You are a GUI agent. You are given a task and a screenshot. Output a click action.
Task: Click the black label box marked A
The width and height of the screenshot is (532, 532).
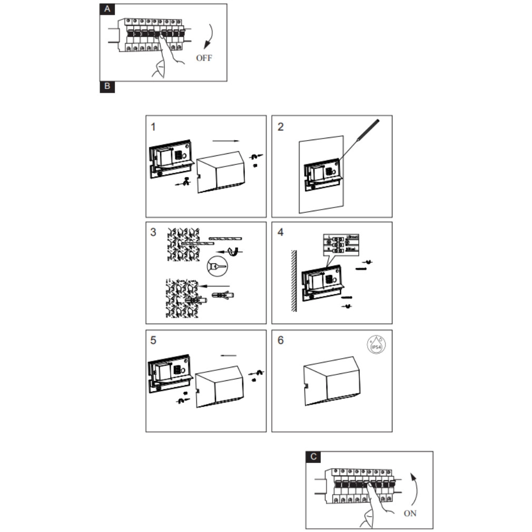point(107,9)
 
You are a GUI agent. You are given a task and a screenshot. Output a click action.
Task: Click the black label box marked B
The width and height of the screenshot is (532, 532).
point(107,86)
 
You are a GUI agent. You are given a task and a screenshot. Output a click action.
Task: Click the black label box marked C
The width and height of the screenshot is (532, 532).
point(314,457)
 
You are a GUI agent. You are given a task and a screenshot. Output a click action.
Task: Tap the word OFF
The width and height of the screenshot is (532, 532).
point(204,58)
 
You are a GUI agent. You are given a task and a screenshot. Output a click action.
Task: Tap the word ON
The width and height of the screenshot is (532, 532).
point(410,513)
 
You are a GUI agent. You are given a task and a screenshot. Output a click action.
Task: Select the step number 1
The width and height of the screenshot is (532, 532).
point(153,127)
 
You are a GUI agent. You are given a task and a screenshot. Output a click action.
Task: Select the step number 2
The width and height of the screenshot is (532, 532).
point(280,127)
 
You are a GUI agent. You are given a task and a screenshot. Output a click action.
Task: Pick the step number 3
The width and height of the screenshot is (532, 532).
point(153,232)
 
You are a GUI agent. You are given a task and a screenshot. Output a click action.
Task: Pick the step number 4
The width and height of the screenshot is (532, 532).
point(280,232)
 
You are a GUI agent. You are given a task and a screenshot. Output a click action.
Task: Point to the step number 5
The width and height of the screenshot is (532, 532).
point(153,340)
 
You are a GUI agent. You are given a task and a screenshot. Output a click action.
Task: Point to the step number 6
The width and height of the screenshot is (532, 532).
point(280,340)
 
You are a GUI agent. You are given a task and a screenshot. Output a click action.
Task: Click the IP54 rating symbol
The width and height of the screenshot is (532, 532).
point(377,346)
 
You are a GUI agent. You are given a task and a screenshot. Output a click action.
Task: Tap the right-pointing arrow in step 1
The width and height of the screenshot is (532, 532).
point(225,141)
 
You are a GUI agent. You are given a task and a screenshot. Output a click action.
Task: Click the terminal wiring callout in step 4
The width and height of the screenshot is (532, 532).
point(341,244)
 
